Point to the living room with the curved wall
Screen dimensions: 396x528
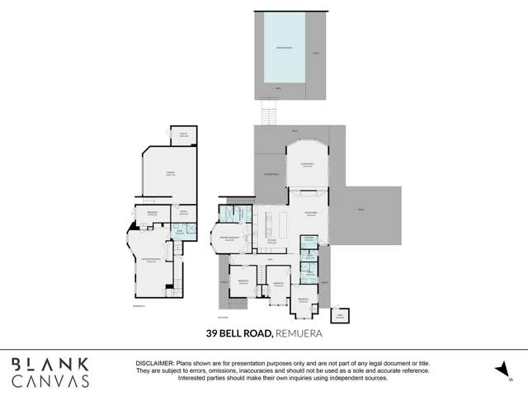pos(307,166)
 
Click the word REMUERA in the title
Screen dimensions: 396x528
pos(293,335)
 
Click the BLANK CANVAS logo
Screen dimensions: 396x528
pos(50,372)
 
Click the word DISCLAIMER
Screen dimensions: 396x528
pos(153,364)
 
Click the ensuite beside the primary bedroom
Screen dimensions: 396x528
pos(236,213)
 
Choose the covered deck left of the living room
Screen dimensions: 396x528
pos(270,176)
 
